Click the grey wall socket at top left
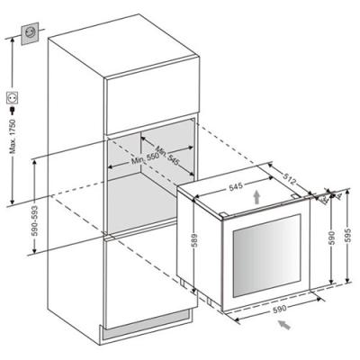(30, 33)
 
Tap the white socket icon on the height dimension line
(13, 98)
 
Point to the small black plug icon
(13, 110)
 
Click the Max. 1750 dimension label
(13, 137)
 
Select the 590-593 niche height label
(34, 220)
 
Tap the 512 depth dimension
(290, 179)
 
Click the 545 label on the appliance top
(236, 187)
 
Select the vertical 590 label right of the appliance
(332, 238)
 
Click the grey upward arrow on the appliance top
(256, 198)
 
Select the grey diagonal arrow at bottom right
(284, 325)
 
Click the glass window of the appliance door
(266, 256)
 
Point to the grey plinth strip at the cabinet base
(147, 325)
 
